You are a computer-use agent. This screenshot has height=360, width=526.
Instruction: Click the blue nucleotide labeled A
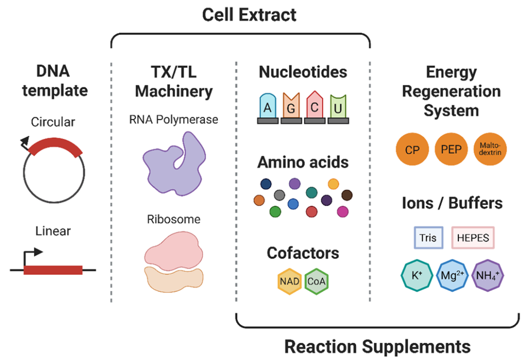pyautogui.click(x=268, y=106)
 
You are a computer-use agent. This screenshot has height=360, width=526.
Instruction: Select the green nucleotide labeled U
pyautogui.click(x=338, y=107)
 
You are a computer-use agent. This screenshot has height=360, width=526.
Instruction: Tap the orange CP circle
pyautogui.click(x=413, y=149)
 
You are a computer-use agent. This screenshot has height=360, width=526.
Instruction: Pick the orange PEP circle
pyautogui.click(x=451, y=149)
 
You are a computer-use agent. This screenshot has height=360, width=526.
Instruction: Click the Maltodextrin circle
pyautogui.click(x=490, y=149)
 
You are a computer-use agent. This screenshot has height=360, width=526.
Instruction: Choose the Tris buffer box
pyautogui.click(x=429, y=238)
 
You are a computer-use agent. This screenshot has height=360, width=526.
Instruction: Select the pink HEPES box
pyautogui.click(x=473, y=238)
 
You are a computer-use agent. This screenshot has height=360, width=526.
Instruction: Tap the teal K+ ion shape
pyautogui.click(x=417, y=275)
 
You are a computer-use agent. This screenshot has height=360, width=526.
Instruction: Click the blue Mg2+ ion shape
pyautogui.click(x=452, y=275)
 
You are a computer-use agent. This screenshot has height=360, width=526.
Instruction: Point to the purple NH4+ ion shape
pyautogui.click(x=488, y=275)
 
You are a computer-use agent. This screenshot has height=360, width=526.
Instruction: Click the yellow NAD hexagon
pyautogui.click(x=289, y=281)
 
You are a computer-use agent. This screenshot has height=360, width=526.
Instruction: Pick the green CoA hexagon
pyautogui.click(x=317, y=281)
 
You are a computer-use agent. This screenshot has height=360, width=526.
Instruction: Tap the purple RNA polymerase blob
pyautogui.click(x=174, y=164)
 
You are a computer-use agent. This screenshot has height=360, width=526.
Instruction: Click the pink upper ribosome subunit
pyautogui.click(x=174, y=250)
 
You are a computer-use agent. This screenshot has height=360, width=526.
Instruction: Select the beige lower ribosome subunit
pyautogui.click(x=174, y=279)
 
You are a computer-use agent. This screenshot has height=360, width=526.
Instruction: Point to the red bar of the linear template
pyautogui.click(x=53, y=270)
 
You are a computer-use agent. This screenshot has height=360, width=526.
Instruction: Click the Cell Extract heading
pyautogui.click(x=249, y=15)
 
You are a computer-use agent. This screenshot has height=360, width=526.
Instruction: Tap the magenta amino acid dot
pyautogui.click(x=342, y=212)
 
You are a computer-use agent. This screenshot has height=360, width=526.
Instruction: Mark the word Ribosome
pyautogui.click(x=174, y=219)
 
